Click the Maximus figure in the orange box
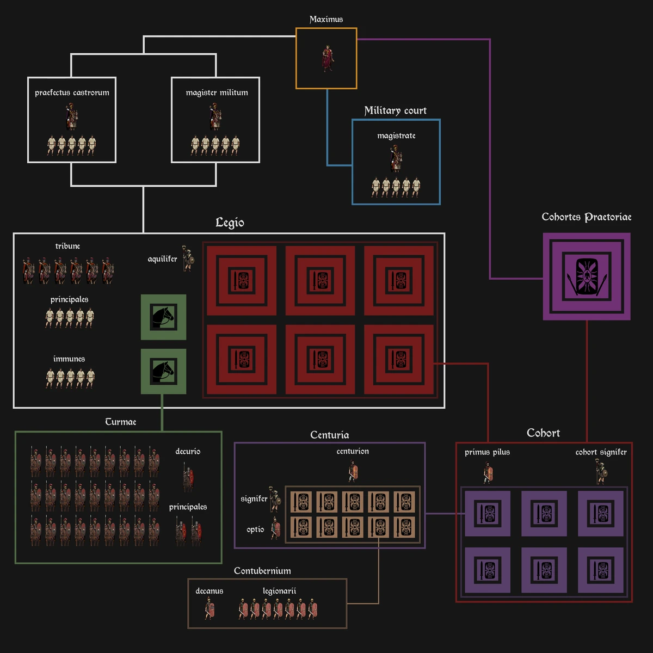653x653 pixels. coord(327,58)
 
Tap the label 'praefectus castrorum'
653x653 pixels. coord(72,93)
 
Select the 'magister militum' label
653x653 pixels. coord(217,93)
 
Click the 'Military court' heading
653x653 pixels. coord(395,110)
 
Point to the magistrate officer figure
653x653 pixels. coord(396,158)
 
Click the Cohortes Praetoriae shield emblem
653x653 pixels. coord(587,276)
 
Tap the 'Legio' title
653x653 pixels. coord(230,223)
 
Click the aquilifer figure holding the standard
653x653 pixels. coord(188,258)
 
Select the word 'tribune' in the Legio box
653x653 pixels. coord(67,246)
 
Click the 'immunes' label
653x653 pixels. coord(69,359)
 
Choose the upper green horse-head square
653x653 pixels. coord(163,317)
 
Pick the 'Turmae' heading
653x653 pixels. coord(120,422)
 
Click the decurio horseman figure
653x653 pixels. coord(188,479)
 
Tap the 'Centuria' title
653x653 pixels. coord(329,435)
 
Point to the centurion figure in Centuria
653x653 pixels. coord(353,471)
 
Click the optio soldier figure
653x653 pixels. coord(276,528)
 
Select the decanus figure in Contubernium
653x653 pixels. coord(210,608)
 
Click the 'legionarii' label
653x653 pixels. coord(279,591)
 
